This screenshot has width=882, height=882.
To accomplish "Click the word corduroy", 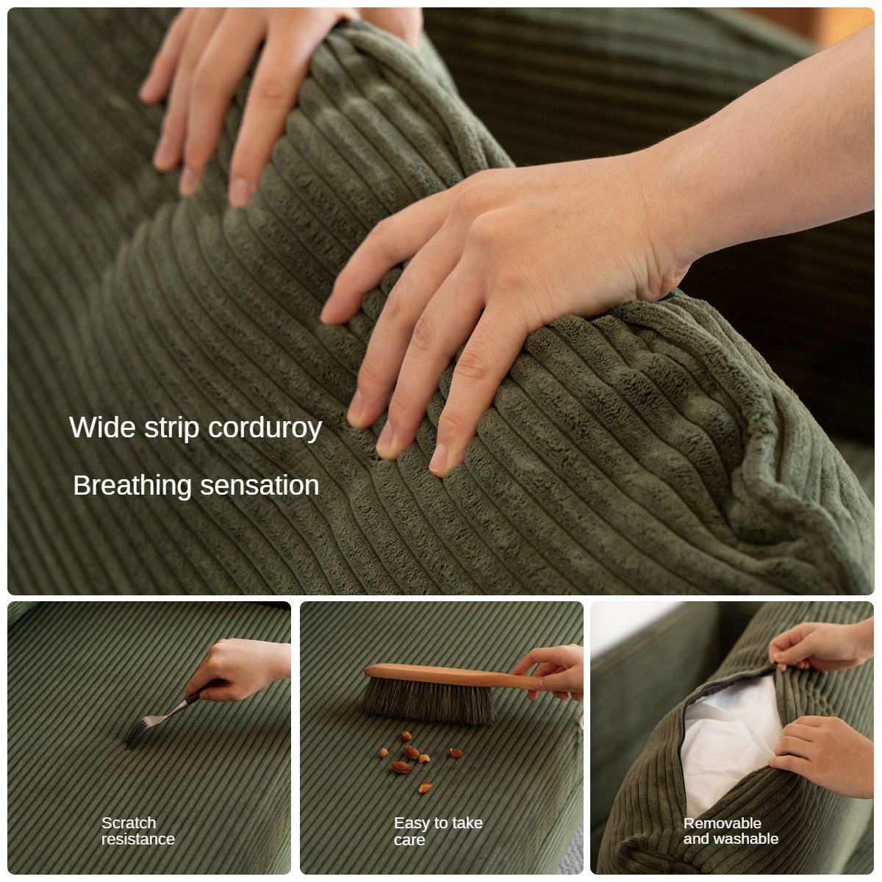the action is [265, 429].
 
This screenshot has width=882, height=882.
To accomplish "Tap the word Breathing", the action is [132, 486].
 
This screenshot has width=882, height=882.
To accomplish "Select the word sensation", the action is [259, 486].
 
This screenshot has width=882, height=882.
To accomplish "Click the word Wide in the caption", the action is [102, 428].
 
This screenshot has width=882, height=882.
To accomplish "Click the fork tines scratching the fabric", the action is [140, 731].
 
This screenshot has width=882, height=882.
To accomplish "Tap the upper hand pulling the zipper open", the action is [820, 645].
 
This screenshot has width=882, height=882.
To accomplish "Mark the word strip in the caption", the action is [172, 429].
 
